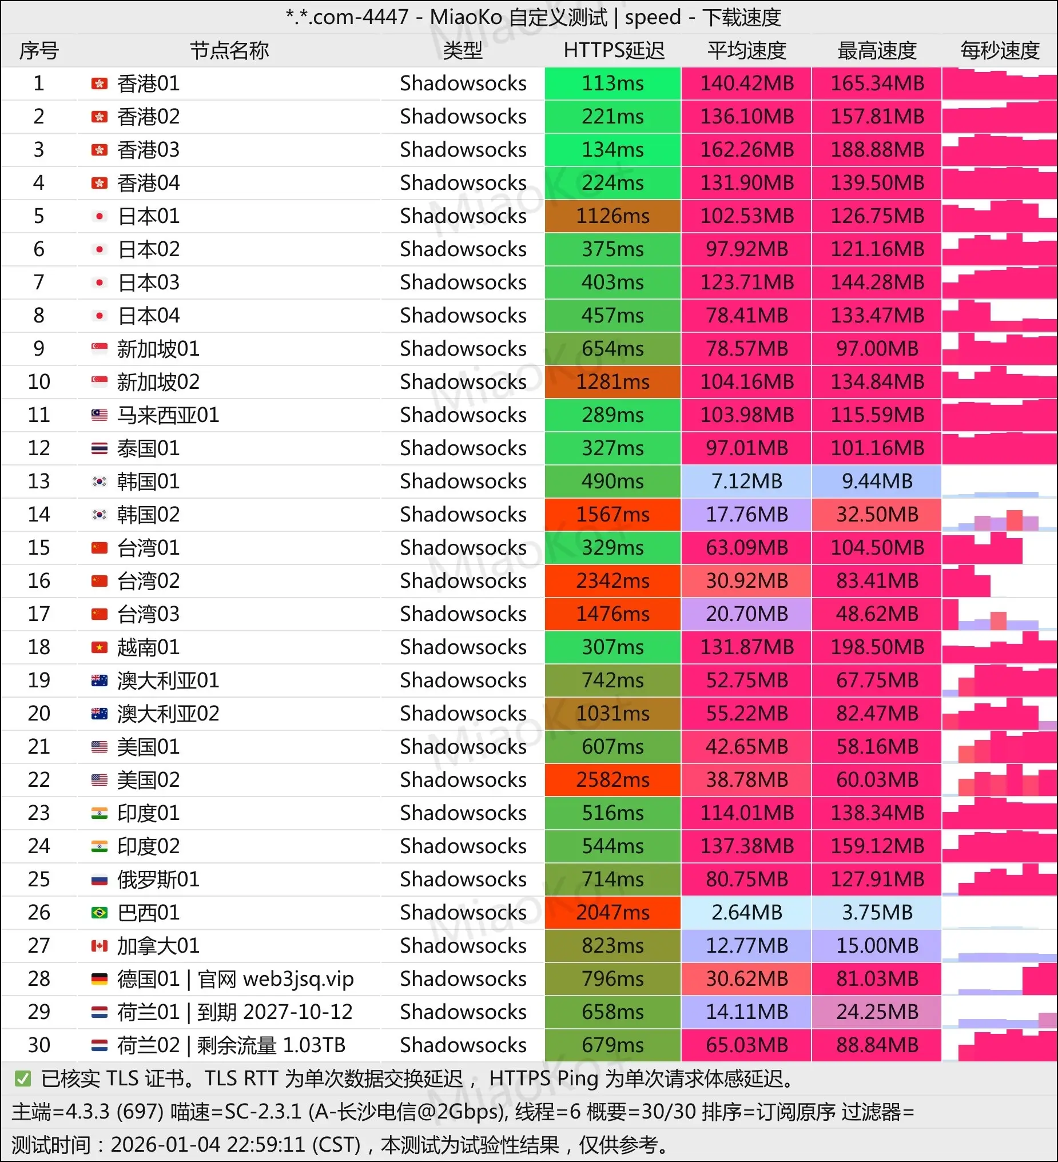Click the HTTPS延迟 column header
(614, 51)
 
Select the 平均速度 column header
(747, 51)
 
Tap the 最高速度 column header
(877, 51)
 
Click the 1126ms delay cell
(612, 216)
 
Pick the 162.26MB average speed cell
(747, 150)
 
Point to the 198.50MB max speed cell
(877, 647)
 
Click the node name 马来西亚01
(168, 415)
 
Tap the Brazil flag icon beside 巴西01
(99, 913)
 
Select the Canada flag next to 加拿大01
(99, 946)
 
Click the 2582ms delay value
(612, 780)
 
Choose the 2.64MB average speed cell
(747, 913)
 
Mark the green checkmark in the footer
(23, 1079)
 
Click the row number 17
(39, 614)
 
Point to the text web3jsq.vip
(298, 978)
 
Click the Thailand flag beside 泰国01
(99, 448)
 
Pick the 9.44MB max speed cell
(877, 481)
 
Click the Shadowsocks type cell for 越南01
(463, 647)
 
